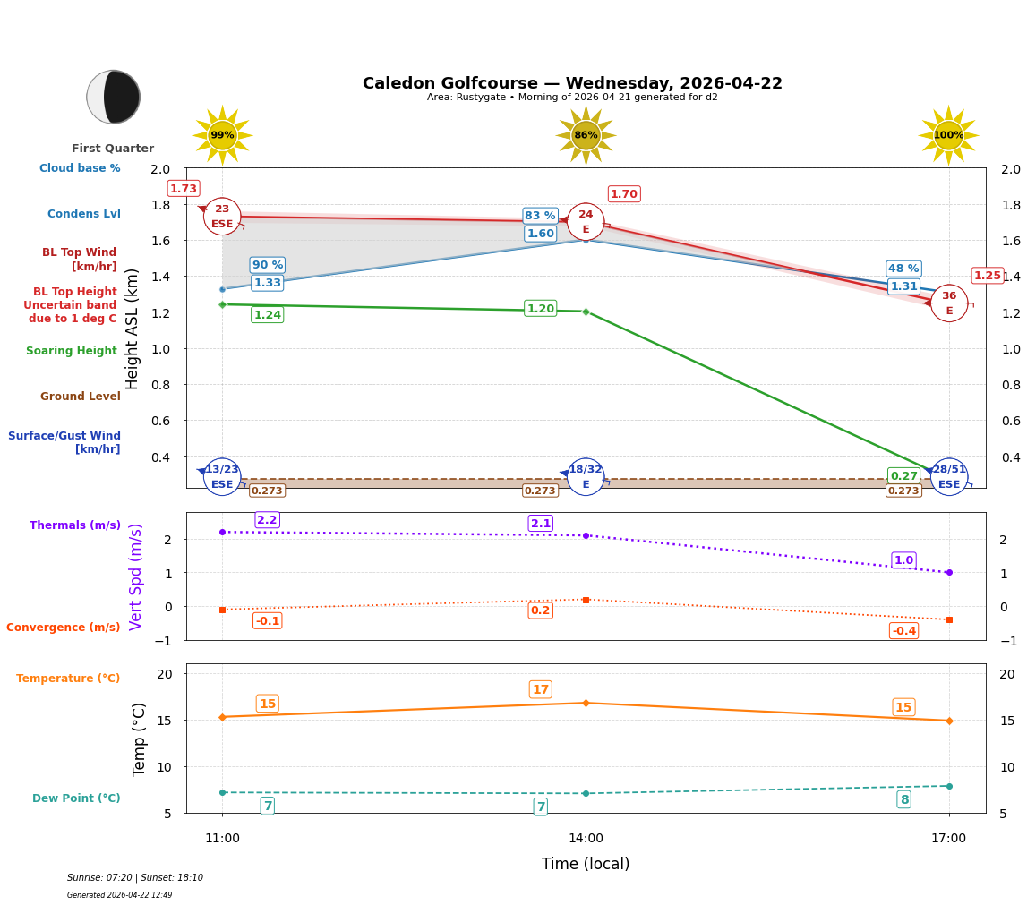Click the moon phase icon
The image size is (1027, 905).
click(x=113, y=97)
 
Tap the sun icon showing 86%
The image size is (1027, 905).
click(x=586, y=135)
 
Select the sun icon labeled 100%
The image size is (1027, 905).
click(x=948, y=135)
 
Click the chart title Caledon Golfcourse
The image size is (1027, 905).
click(x=572, y=83)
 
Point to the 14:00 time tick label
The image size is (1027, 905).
click(x=586, y=838)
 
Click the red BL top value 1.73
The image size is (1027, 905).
click(x=184, y=189)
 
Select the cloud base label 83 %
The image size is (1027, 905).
click(x=540, y=216)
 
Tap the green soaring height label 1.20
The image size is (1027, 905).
click(x=540, y=309)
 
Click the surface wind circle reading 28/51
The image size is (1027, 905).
click(x=949, y=476)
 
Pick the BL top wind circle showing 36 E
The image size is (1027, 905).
click(x=949, y=303)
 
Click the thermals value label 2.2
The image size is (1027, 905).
click(x=267, y=520)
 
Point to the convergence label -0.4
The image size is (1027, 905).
click(x=903, y=631)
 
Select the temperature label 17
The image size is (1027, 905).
click(x=540, y=689)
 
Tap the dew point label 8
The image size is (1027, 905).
click(x=903, y=799)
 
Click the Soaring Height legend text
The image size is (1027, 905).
click(x=72, y=351)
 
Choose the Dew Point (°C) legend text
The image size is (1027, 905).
click(x=76, y=798)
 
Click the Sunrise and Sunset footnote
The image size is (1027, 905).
click(x=135, y=878)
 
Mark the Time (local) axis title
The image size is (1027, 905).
click(x=586, y=864)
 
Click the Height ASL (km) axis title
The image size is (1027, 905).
click(x=133, y=329)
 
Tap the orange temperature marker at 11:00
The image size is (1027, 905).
click(x=222, y=717)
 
